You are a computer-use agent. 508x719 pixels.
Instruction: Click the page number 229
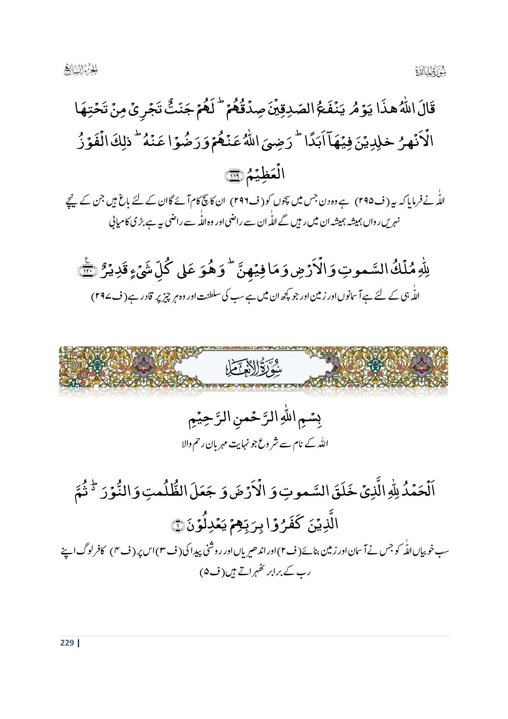pyautogui.click(x=66, y=642)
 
